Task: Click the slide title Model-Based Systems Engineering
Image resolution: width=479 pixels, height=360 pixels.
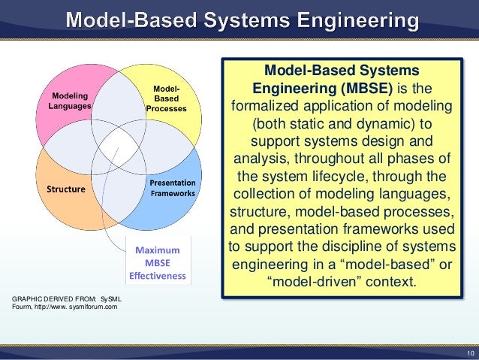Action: tap(240, 19)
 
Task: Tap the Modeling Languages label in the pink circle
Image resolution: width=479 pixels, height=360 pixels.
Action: tap(69, 101)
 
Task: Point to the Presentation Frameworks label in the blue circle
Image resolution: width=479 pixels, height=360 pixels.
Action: tap(172, 188)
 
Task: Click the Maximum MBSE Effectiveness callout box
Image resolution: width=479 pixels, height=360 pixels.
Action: tap(157, 261)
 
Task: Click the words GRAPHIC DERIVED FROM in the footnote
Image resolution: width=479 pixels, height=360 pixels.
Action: tap(53, 300)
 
